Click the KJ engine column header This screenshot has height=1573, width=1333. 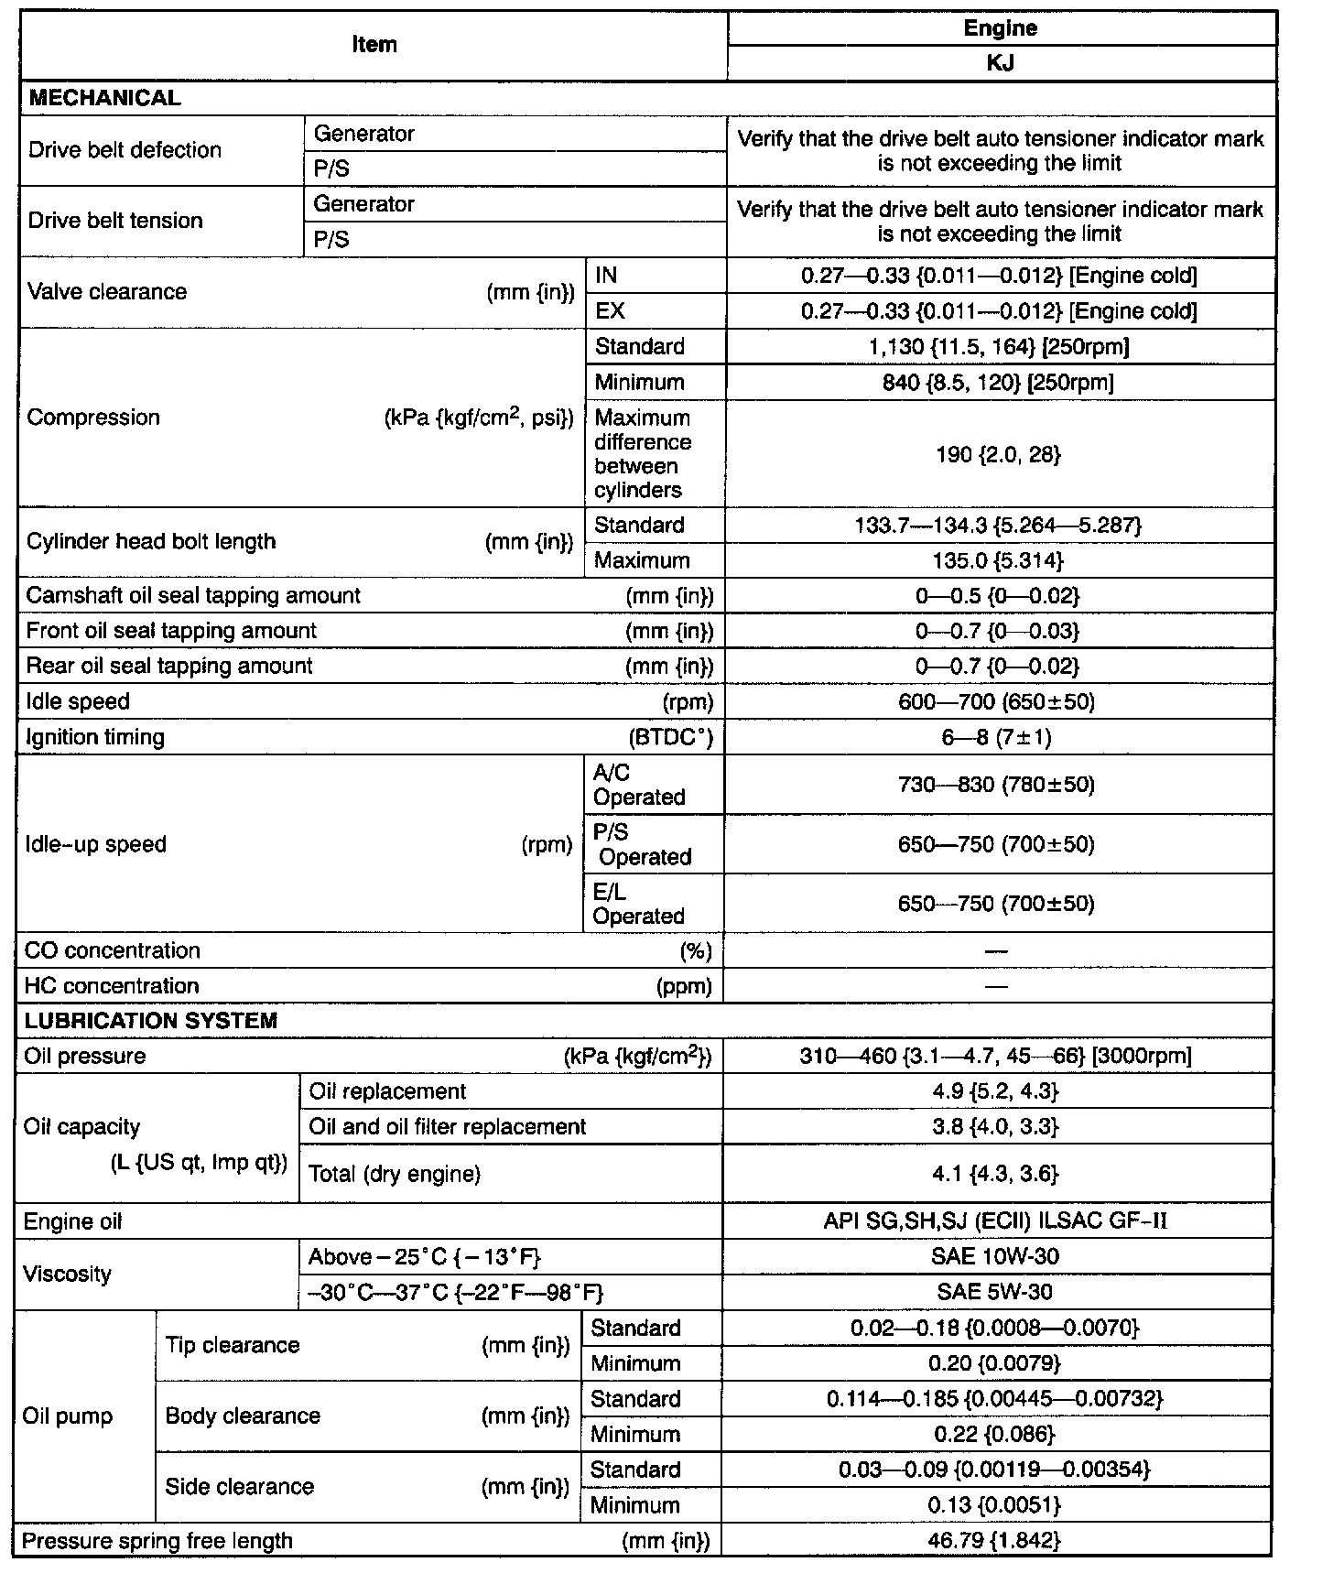1001,63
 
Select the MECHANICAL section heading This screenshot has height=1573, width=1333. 105,99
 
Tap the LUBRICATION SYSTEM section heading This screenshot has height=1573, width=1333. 151,1021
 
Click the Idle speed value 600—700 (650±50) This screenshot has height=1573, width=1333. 997,702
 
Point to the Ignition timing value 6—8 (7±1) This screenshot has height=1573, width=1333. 997,738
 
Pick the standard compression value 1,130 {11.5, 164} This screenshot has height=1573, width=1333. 999,347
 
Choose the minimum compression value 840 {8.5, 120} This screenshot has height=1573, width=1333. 999,383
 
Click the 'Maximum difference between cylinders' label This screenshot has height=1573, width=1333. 643,454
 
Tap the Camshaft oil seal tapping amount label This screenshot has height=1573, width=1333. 193,596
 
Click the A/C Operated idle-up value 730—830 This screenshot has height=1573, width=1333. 997,785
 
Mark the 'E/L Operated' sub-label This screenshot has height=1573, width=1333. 638,904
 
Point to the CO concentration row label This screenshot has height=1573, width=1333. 113,950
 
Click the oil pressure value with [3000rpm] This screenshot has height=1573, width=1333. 996,1057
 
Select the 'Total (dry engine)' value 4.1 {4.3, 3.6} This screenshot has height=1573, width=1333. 996,1174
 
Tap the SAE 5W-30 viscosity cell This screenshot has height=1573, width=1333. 995,1292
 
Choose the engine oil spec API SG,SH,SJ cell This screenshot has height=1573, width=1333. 995,1221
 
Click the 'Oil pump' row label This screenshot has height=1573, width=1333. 68,1416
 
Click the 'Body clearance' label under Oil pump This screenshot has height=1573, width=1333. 243,1416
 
